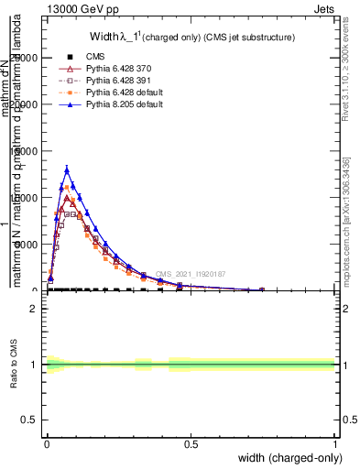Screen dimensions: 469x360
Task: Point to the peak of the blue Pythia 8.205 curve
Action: pyautogui.click(x=67, y=169)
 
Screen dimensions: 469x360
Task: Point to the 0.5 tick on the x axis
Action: pyautogui.click(x=191, y=442)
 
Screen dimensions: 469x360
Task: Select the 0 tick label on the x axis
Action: pyautogui.click(x=47, y=442)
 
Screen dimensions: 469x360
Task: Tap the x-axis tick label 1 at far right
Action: pyautogui.click(x=335, y=442)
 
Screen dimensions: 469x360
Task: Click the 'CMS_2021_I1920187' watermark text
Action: pyautogui.click(x=190, y=274)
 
